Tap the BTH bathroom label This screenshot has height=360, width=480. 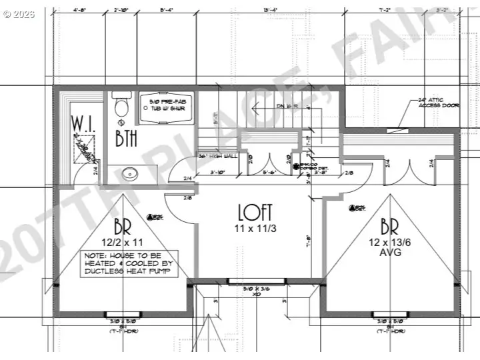click(127, 139)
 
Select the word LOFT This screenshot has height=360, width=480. click(255, 212)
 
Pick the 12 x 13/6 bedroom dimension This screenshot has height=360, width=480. click(389, 243)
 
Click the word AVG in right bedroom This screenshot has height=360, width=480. click(389, 253)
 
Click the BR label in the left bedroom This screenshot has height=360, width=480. click(123, 225)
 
